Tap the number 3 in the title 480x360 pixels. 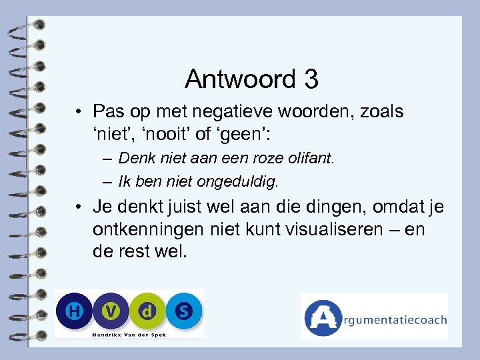click(311, 79)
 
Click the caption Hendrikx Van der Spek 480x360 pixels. click(129, 334)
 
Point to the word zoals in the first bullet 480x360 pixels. click(379, 111)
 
